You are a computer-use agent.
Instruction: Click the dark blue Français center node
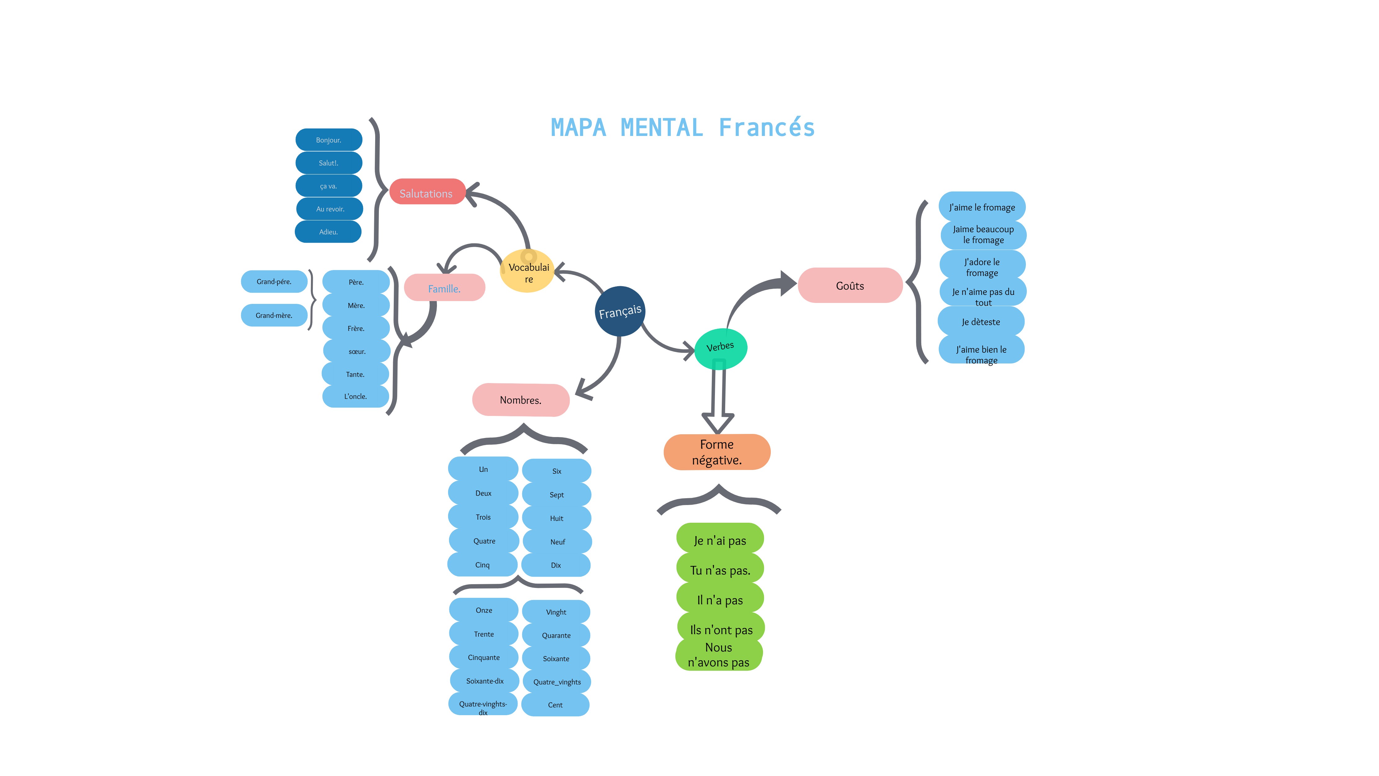tap(620, 311)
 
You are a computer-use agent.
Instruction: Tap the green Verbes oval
tap(721, 348)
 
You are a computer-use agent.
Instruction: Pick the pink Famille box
tap(444, 288)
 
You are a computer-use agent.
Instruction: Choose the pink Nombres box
tap(520, 399)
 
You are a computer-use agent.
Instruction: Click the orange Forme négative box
tap(717, 452)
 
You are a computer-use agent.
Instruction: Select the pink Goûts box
tap(850, 286)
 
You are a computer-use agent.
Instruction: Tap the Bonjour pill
tap(329, 140)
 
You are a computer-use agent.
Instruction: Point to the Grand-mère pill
tap(274, 315)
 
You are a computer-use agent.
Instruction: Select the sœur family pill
tap(357, 351)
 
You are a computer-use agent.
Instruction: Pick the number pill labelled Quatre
tap(484, 541)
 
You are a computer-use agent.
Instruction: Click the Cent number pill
tap(555, 705)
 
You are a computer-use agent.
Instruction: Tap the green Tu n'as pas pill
tap(720, 570)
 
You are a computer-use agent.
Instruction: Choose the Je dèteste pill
tap(981, 322)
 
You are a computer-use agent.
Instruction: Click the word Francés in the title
tap(766, 128)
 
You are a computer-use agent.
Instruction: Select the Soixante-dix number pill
tap(484, 681)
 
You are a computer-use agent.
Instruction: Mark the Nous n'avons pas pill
tap(718, 655)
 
